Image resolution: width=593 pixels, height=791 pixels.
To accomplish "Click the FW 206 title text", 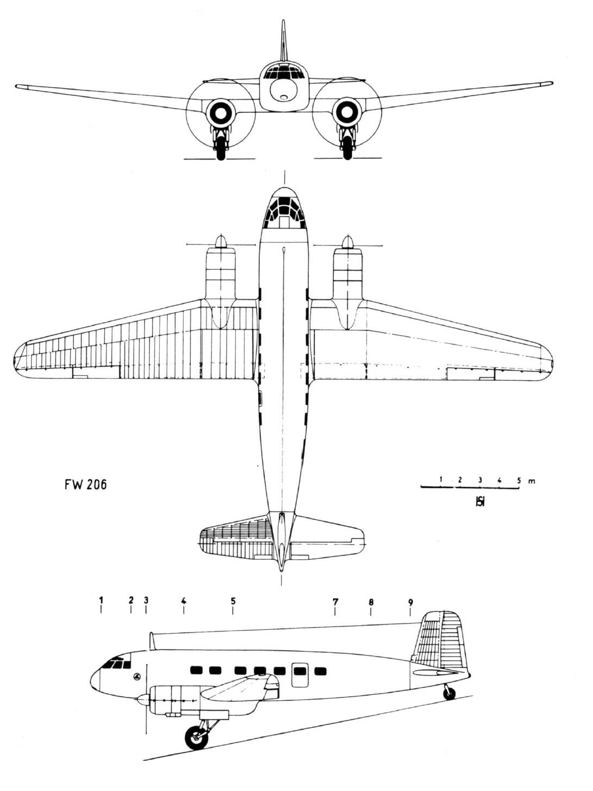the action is click(x=86, y=485).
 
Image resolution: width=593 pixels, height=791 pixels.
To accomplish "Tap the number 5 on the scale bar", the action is click(x=519, y=480).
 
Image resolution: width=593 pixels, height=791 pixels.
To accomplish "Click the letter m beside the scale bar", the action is click(x=532, y=481).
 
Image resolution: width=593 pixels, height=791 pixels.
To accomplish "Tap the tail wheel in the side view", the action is click(x=450, y=693).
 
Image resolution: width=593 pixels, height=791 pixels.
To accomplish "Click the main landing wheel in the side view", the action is click(x=196, y=735).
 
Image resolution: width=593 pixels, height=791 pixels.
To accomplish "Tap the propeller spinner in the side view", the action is click(x=142, y=700).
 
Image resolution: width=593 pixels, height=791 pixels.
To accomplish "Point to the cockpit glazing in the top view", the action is click(x=284, y=213).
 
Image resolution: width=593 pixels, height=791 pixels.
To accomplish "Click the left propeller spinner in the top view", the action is click(x=221, y=242).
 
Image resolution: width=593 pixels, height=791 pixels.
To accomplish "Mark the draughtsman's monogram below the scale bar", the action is click(x=480, y=501).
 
